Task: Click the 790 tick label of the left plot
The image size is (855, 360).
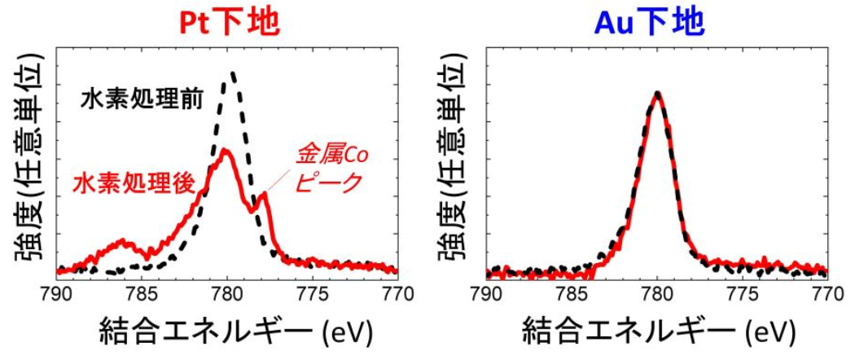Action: point(57,292)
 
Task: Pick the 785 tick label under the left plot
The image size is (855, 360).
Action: point(142,292)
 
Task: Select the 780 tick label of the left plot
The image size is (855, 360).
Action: point(227,292)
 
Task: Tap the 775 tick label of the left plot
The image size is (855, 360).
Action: point(313,292)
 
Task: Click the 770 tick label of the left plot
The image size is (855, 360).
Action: point(397,292)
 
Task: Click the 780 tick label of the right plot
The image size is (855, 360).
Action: point(657,292)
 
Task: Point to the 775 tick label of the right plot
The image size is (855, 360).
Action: point(743,292)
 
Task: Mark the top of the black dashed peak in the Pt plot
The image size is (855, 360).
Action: point(233,72)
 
